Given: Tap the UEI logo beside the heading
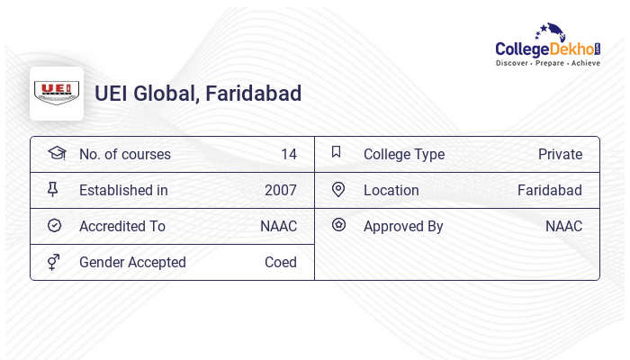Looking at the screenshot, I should [x=57, y=94].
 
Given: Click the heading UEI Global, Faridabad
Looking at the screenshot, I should [x=198, y=94].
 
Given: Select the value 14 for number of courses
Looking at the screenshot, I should [x=289, y=155].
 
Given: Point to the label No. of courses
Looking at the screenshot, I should [x=124, y=155].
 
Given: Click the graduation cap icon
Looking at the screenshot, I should [x=56, y=154].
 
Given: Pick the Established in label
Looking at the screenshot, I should [x=123, y=191].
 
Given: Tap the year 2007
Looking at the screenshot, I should [x=281, y=191].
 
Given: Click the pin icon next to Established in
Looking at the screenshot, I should [x=53, y=190].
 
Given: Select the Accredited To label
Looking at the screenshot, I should [x=121, y=227].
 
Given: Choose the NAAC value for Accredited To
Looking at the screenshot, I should [x=278, y=227].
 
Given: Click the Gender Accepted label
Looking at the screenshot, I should [x=132, y=263].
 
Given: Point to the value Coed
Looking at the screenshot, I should [x=281, y=263].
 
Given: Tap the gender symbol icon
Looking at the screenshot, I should [x=54, y=262].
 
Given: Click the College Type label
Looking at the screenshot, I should [x=404, y=155].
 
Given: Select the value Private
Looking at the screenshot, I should [x=560, y=155].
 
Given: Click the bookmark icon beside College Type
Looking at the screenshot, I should [x=337, y=153].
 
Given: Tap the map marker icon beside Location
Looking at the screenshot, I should [x=338, y=190].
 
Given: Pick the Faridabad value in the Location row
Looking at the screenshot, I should [x=549, y=191].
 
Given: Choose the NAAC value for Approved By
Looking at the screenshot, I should [x=563, y=227].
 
